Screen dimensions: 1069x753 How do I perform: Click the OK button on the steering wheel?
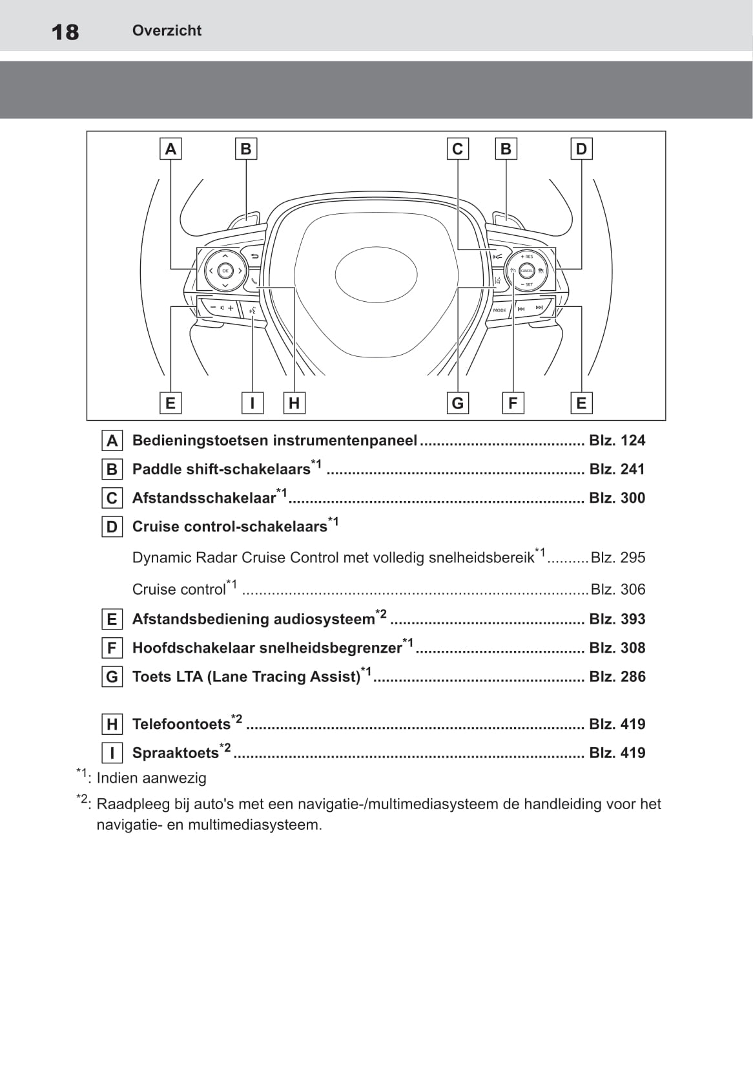click(x=225, y=271)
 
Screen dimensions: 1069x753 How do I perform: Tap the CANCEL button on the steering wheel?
click(x=526, y=271)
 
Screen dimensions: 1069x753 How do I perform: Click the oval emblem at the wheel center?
click(x=376, y=275)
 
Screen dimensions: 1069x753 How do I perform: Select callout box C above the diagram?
click(x=457, y=149)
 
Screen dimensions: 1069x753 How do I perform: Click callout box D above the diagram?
click(x=581, y=149)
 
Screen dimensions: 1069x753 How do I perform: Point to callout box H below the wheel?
click(x=294, y=403)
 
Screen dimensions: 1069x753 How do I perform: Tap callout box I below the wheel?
click(x=252, y=403)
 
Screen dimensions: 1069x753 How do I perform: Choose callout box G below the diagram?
click(x=457, y=403)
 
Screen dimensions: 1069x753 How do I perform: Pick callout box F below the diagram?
click(x=513, y=403)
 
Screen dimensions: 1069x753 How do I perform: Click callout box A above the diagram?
click(x=170, y=149)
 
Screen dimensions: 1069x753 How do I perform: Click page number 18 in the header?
click(x=65, y=32)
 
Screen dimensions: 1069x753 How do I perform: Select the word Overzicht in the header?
click(x=167, y=30)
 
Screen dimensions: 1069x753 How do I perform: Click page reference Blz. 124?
click(x=617, y=441)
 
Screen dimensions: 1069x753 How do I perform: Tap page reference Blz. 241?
click(x=617, y=469)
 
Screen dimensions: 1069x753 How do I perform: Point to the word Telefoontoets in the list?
click(x=181, y=725)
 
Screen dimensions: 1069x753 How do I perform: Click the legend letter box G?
click(x=112, y=677)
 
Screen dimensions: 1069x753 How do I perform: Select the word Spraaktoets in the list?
click(x=175, y=753)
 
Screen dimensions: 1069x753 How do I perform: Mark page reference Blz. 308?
click(x=617, y=648)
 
